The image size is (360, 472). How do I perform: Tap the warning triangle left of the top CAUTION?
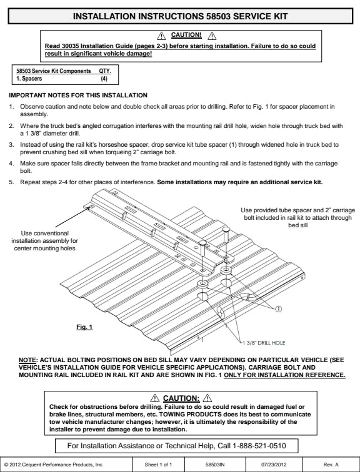pyautogui.click(x=161, y=36)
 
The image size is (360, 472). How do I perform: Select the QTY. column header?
pyautogui.click(x=105, y=71)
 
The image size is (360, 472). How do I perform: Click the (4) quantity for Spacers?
pyautogui.click(x=104, y=79)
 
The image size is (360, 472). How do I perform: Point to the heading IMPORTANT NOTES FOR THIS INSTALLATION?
pyautogui.click(x=78, y=96)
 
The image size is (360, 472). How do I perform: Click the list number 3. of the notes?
pyautogui.click(x=11, y=145)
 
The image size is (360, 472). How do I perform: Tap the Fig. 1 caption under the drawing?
pyautogui.click(x=84, y=327)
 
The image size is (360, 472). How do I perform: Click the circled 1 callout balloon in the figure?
pyautogui.click(x=279, y=309)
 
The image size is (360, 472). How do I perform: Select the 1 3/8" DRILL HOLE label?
pyautogui.click(x=264, y=343)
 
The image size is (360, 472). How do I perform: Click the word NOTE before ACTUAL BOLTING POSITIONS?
pyautogui.click(x=27, y=360)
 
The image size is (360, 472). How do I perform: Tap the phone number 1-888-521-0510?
pyautogui.click(x=259, y=446)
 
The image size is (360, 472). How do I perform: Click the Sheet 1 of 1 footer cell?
pyautogui.click(x=158, y=465)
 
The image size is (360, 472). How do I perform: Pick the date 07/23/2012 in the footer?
pyautogui.click(x=274, y=465)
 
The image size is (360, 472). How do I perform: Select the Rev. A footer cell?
pyautogui.click(x=331, y=465)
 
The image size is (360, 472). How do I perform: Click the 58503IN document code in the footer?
pyautogui.click(x=215, y=465)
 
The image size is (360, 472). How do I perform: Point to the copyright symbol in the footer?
pyautogui.click(x=6, y=465)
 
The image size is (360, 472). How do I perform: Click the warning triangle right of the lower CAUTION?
pyautogui.click(x=207, y=398)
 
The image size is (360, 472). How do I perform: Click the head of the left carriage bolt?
pyautogui.click(x=202, y=243)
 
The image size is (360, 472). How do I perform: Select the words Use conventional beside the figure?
pyautogui.click(x=44, y=234)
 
